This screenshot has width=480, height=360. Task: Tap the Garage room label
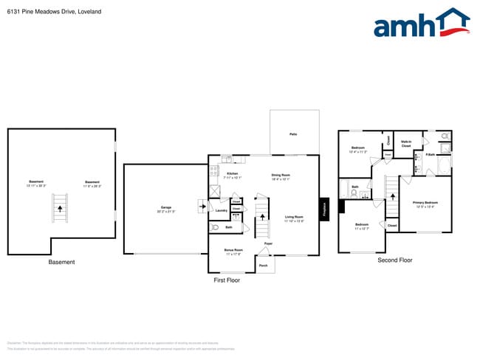pyautogui.click(x=165, y=209)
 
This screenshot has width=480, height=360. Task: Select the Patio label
pyautogui.click(x=293, y=134)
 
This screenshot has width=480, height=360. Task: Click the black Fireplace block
pyautogui.click(x=323, y=209)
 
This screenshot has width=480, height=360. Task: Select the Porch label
pyautogui.click(x=263, y=265)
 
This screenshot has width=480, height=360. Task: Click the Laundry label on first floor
pyautogui.click(x=220, y=211)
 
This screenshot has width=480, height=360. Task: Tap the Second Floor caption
pyautogui.click(x=394, y=260)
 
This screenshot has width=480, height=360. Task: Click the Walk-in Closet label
pyautogui.click(x=406, y=145)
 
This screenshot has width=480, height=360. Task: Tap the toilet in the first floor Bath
pyautogui.click(x=214, y=228)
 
